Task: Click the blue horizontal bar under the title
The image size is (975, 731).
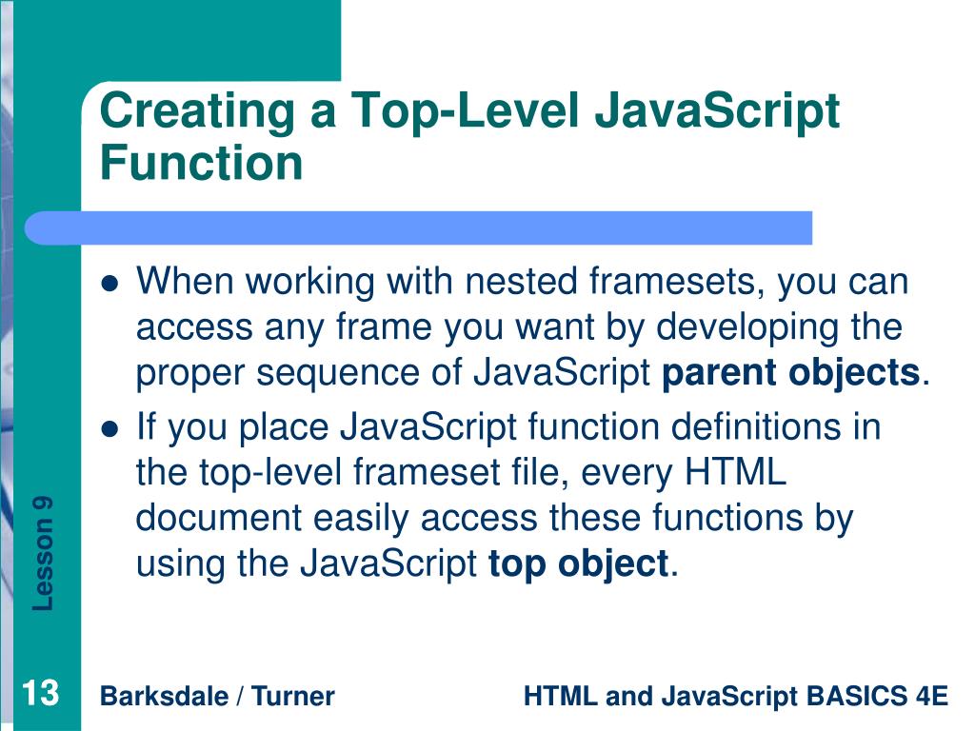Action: pos(419,227)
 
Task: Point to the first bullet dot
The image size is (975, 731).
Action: pos(110,284)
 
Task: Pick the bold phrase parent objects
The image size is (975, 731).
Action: pos(790,373)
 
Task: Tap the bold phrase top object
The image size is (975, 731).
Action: pos(578,563)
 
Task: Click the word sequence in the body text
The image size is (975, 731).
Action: pos(327,373)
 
